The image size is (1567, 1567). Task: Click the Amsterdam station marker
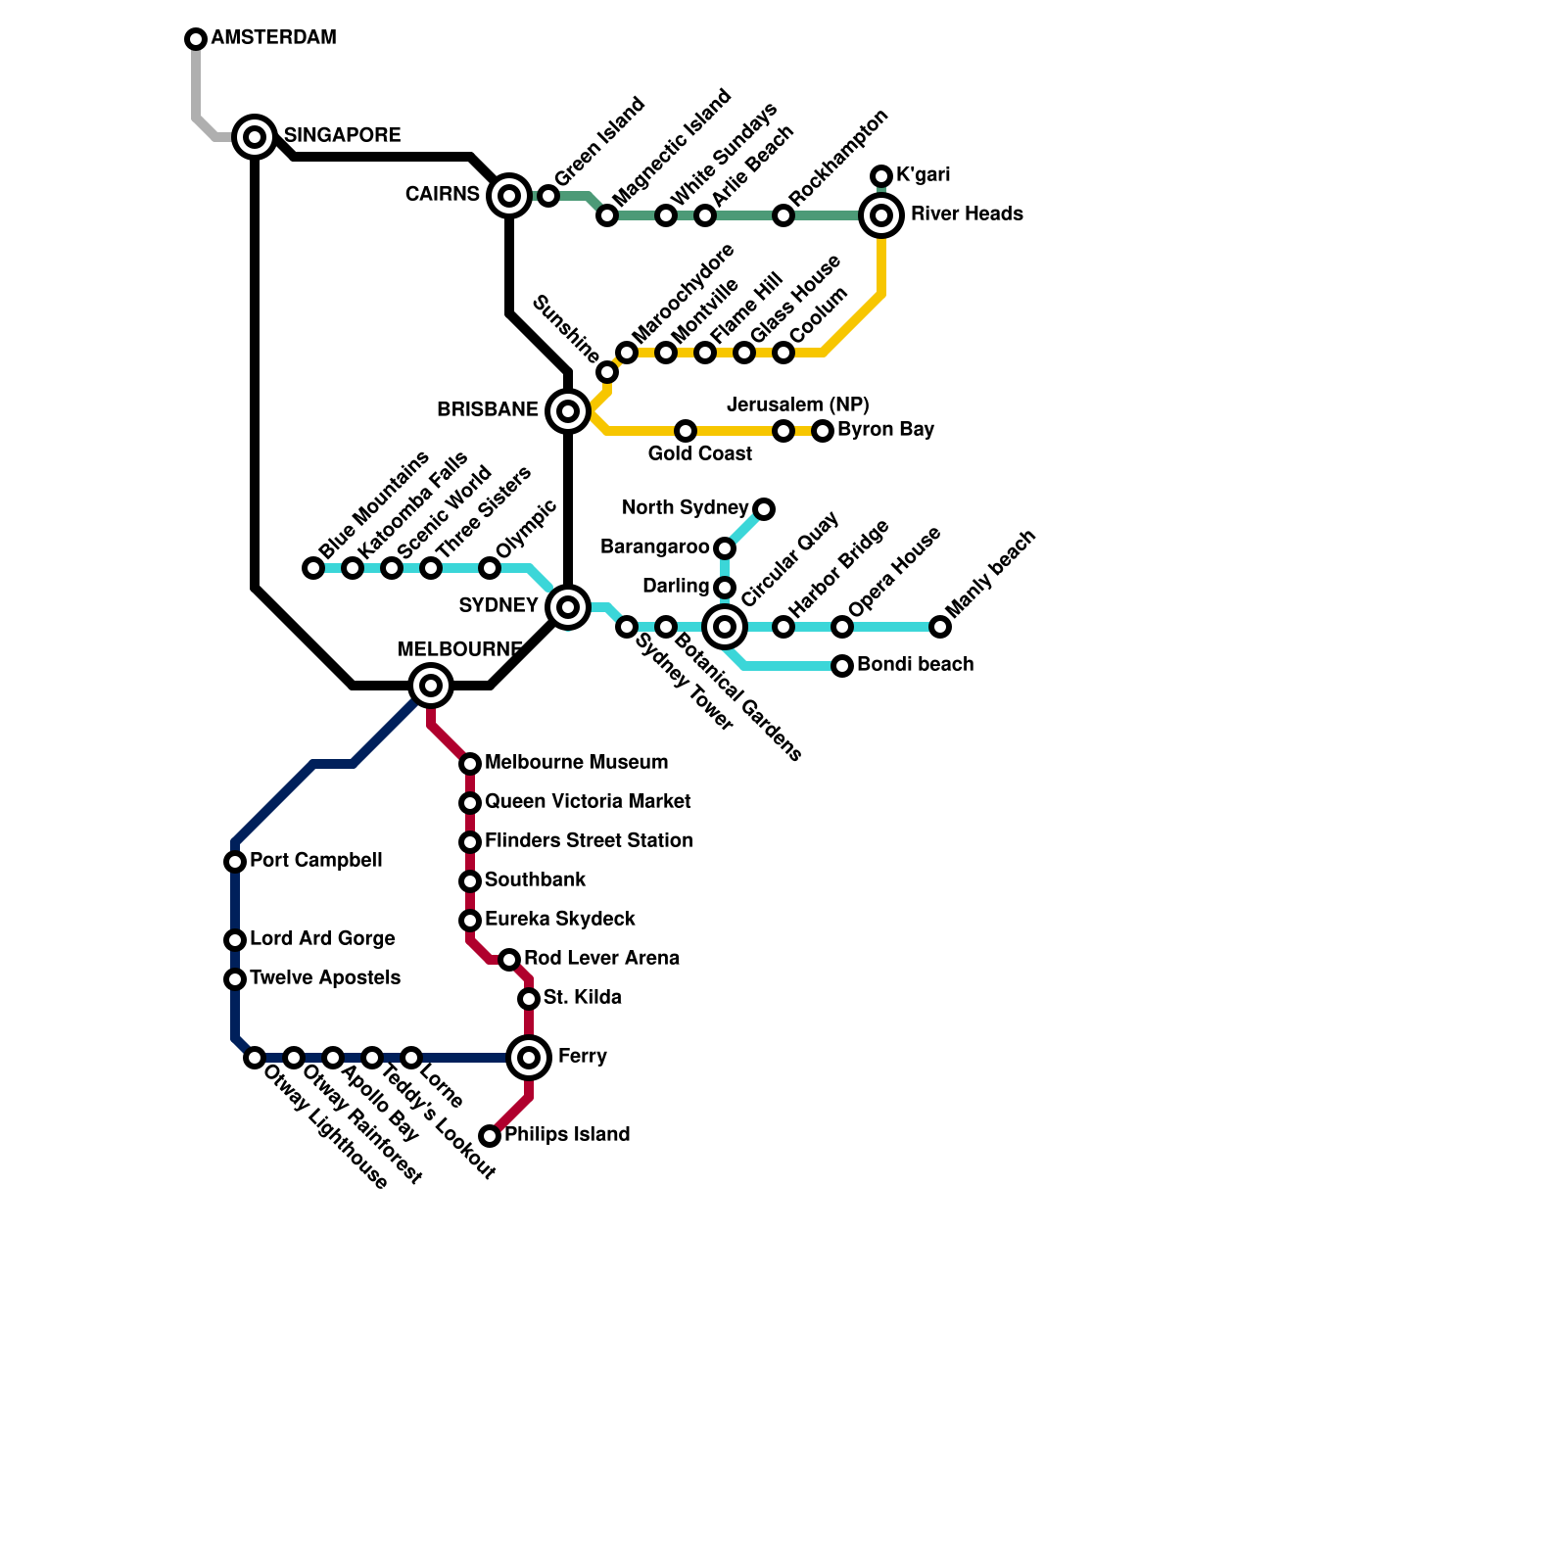click(x=196, y=39)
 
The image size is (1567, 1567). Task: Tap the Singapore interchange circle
click(x=255, y=137)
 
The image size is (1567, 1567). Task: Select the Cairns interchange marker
click(x=509, y=196)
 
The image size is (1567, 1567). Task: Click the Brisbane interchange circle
click(x=568, y=411)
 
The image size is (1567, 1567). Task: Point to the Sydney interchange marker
click(x=568, y=607)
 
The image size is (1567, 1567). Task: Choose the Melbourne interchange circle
click(x=431, y=686)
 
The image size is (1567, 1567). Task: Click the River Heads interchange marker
click(x=881, y=215)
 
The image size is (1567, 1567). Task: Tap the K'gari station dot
click(x=881, y=176)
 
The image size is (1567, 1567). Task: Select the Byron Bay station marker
click(x=823, y=431)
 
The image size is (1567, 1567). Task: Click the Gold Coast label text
click(x=699, y=453)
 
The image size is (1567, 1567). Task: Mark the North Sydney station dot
click(x=764, y=509)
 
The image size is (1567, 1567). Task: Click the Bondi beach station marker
click(x=842, y=666)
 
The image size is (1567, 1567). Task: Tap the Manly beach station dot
click(x=940, y=627)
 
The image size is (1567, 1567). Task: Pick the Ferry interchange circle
click(x=529, y=1058)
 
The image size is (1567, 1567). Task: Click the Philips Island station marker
click(x=490, y=1136)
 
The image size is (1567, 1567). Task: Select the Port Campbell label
click(x=315, y=860)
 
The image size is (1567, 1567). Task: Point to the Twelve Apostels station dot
click(x=235, y=979)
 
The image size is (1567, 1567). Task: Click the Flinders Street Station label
click(x=588, y=840)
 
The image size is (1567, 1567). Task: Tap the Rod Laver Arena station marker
click(x=509, y=960)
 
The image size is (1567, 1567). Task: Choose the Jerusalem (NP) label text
click(x=797, y=404)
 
